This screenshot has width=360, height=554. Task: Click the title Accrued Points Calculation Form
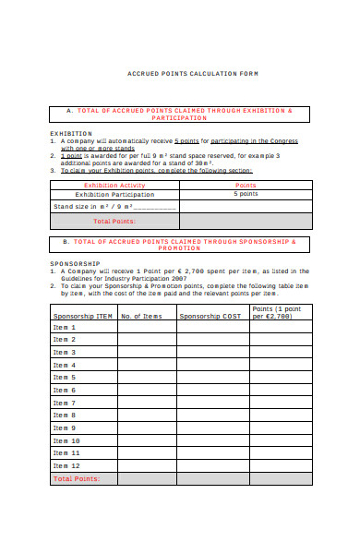[191, 74]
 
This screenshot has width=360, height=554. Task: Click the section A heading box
[180, 114]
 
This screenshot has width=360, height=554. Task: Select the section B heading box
[180, 245]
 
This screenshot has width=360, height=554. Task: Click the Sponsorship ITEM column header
[82, 316]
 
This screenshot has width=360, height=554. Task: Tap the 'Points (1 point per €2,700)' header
[280, 312]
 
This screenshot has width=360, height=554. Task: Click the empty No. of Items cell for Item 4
[146, 365]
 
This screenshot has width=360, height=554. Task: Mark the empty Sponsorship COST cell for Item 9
[212, 428]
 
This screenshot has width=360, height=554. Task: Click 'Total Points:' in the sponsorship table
[83, 479]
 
